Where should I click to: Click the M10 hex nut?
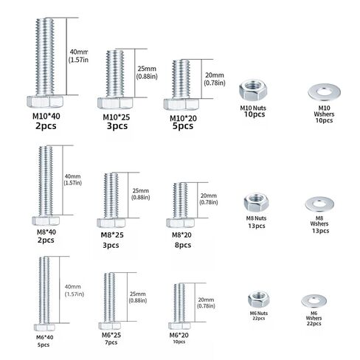coord(253,91)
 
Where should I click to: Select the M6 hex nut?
coord(259,299)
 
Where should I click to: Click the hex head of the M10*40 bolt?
coord(45,102)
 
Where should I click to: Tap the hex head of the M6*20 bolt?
coord(179,326)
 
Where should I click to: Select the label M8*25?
coord(112,235)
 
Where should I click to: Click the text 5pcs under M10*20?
coord(183,126)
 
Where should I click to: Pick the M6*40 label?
coord(44,337)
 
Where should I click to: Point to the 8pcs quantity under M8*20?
coord(183,245)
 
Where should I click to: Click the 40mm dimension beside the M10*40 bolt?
coord(79,52)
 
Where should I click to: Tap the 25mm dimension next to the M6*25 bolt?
coord(138,294)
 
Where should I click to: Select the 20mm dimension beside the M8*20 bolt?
coord(209,195)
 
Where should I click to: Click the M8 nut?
coord(256,202)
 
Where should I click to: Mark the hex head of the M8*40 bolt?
coord(46,221)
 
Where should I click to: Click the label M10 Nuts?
coord(253,108)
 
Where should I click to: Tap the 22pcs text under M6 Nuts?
coord(259,318)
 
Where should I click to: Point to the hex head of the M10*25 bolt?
coord(115,103)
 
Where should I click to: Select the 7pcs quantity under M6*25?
coord(111,342)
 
